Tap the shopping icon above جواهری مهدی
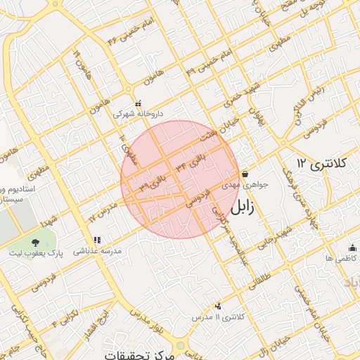[x=245, y=174]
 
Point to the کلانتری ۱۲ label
[x=323, y=163]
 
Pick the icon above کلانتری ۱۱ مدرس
[x=218, y=306]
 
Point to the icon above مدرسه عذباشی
[x=96, y=240]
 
